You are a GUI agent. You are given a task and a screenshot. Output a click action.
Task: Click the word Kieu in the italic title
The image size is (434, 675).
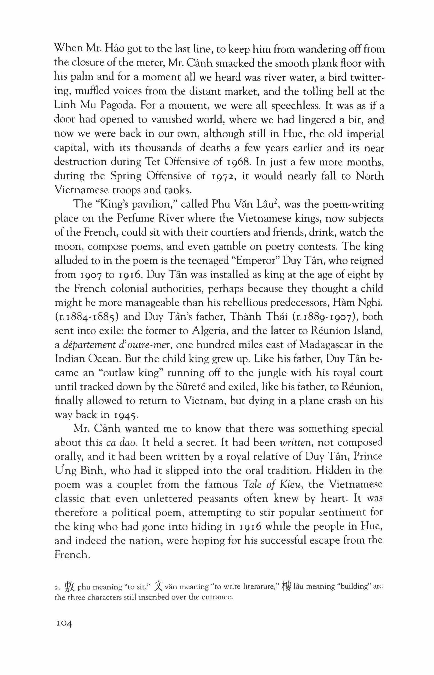pyautogui.click(x=289, y=485)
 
